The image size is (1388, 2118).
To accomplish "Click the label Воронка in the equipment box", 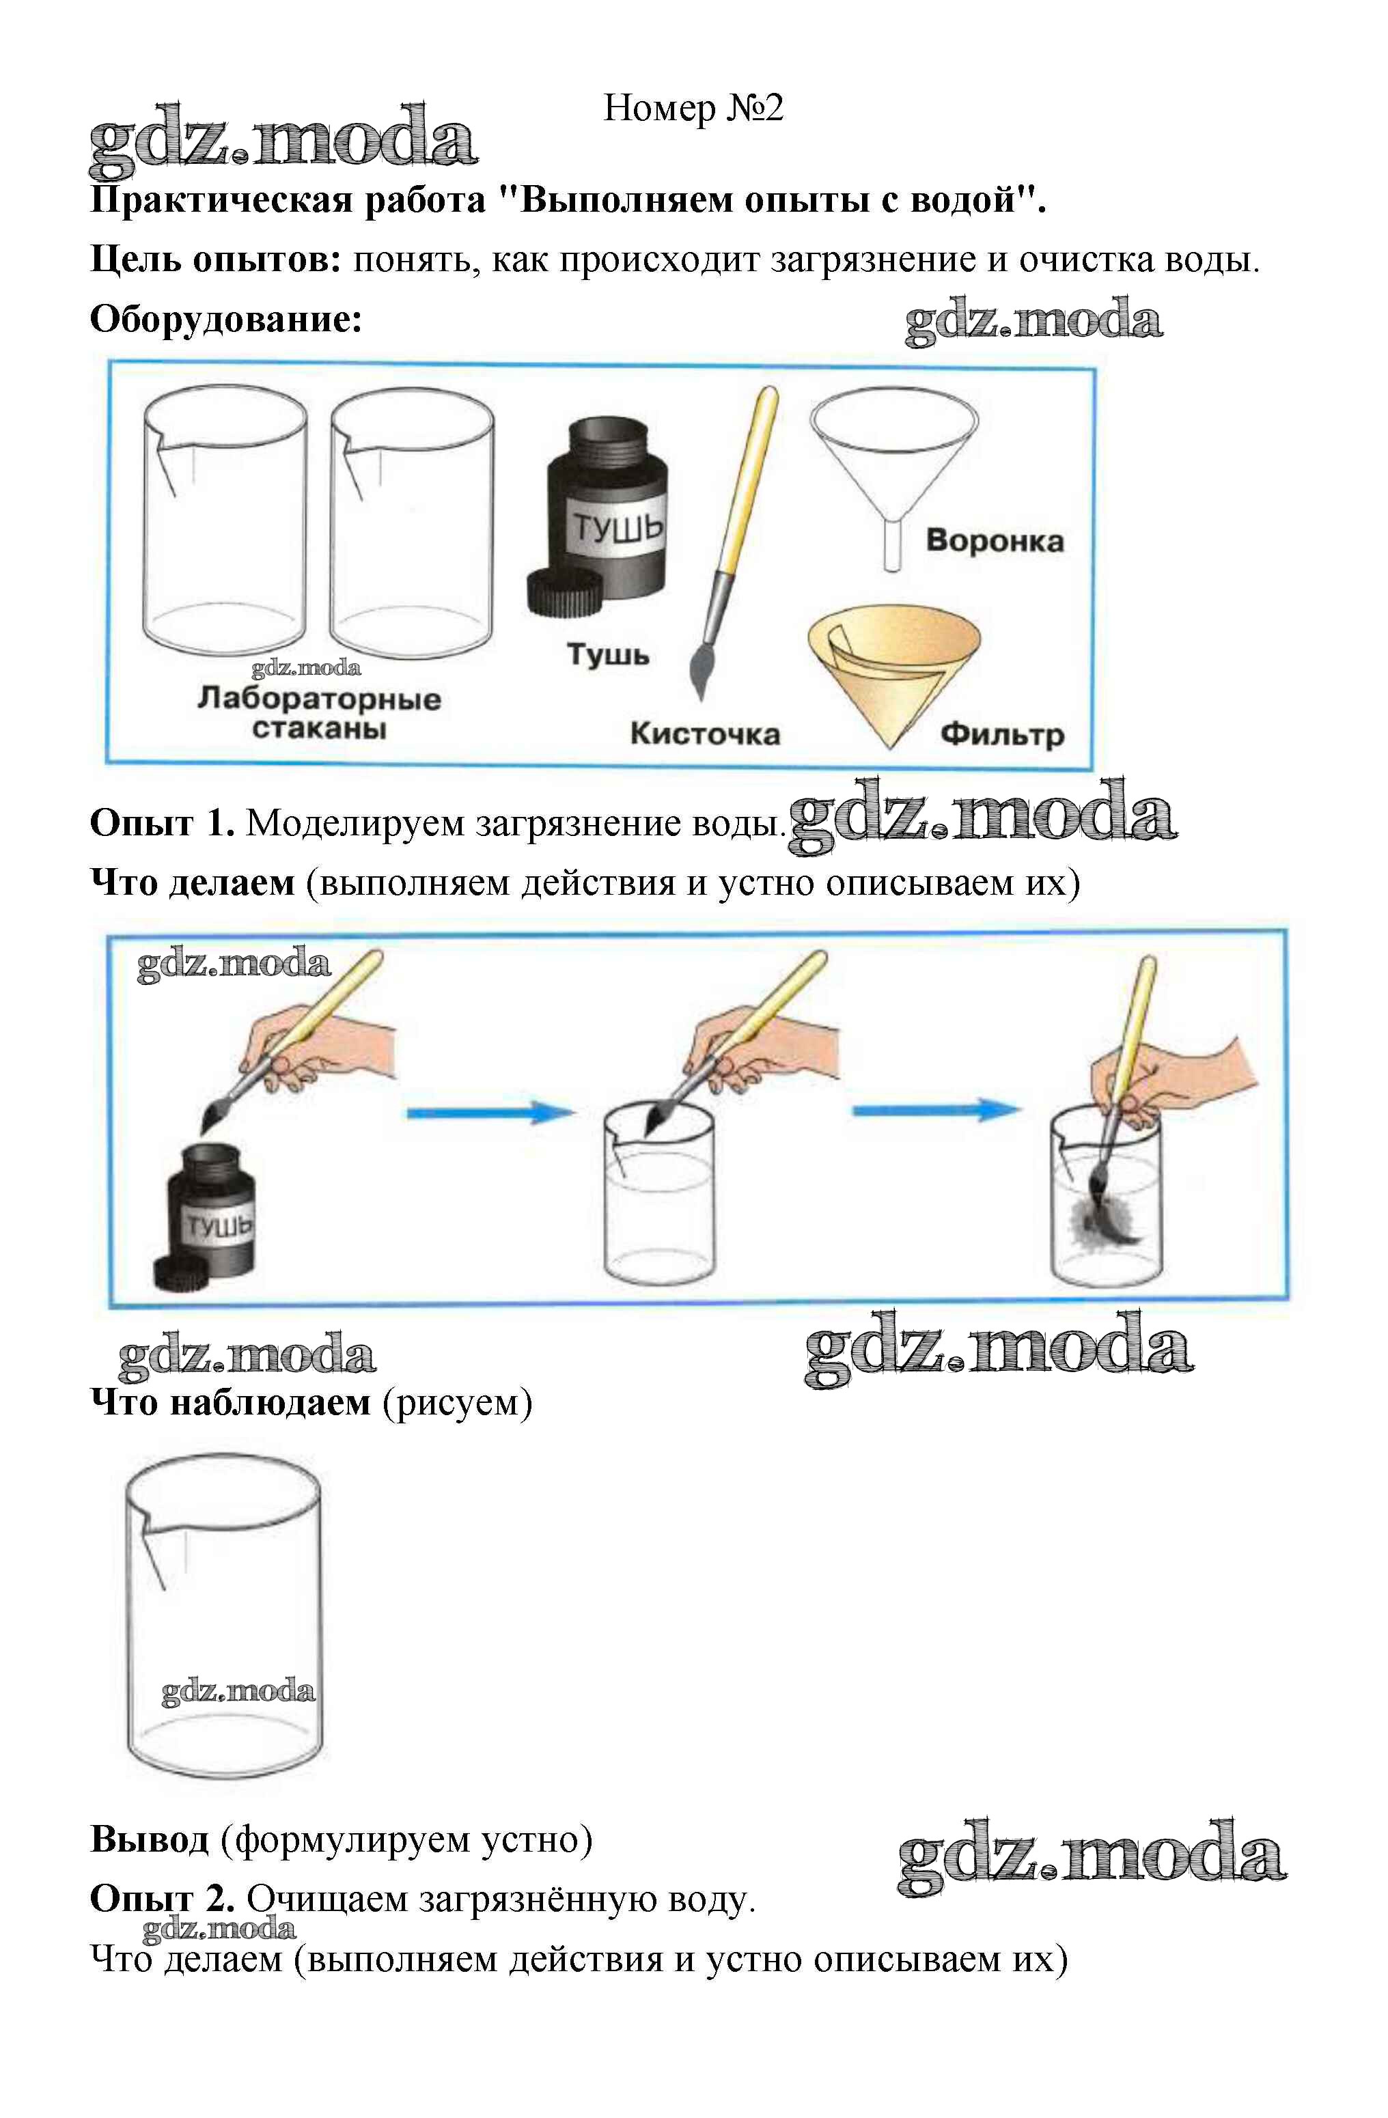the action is pos(994,540).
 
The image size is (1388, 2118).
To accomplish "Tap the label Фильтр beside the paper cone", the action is pos(1002,734).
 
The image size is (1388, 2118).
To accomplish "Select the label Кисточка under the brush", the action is pos(705,734).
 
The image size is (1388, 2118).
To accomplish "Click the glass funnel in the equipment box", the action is pos(893,472).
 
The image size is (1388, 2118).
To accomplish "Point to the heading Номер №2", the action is pos(693,109).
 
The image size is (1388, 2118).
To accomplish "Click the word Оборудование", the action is pos(226,318).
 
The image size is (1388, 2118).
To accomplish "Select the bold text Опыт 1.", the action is pos(162,823).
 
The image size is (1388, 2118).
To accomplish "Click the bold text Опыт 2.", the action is pos(162,1899).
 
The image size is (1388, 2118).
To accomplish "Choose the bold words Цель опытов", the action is pos(217,259).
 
